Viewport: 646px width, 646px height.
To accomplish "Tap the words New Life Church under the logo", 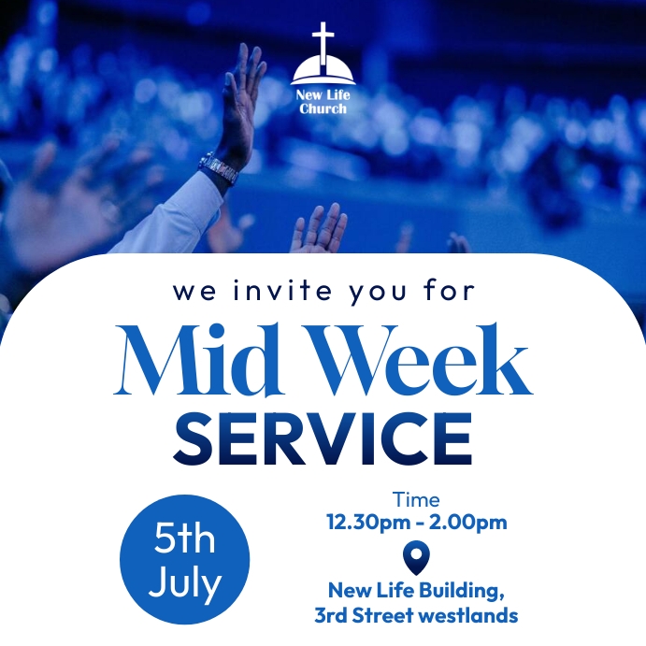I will [x=323, y=102].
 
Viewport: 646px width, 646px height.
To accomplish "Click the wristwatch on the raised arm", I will [x=220, y=169].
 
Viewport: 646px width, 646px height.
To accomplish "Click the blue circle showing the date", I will [x=185, y=559].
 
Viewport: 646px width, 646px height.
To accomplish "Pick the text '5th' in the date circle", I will [x=185, y=540].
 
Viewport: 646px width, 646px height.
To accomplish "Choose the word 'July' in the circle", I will [x=185, y=583].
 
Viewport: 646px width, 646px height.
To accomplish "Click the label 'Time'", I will [x=416, y=500].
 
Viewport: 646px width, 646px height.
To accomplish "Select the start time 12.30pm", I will [x=366, y=523].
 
